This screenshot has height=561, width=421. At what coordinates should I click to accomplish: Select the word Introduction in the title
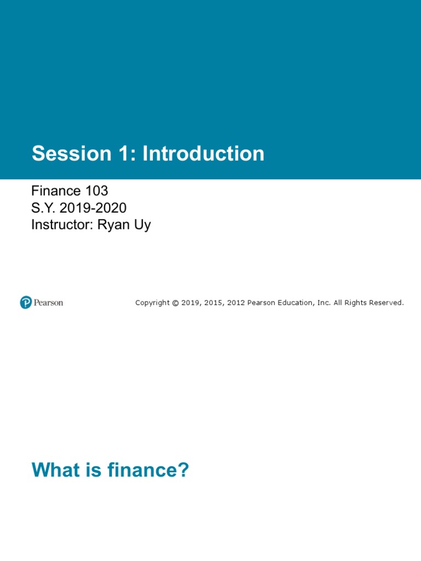[203, 154]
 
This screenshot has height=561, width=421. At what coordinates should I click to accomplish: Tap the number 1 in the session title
[122, 154]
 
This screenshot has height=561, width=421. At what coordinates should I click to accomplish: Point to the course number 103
[96, 191]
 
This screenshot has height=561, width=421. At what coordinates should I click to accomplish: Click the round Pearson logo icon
[26, 302]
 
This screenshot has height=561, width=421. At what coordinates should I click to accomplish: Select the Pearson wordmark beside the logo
[48, 302]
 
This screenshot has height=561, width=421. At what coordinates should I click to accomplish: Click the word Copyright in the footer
[152, 303]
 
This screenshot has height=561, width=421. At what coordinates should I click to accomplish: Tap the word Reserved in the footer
[386, 303]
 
